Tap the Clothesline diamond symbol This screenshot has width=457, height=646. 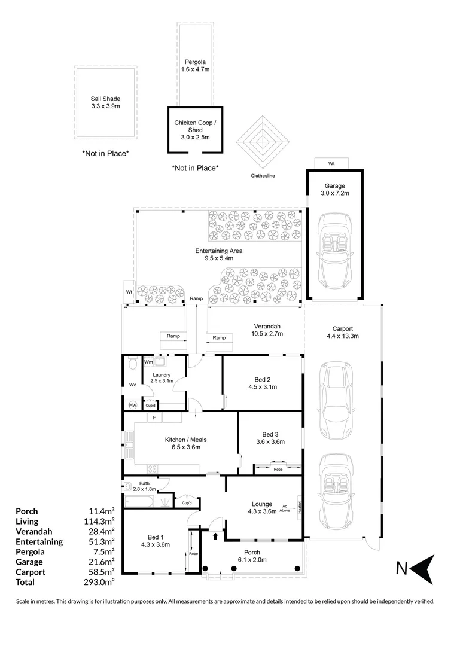(x=263, y=142)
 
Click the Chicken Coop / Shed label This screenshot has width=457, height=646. (x=195, y=130)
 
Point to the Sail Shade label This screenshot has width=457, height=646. (x=105, y=102)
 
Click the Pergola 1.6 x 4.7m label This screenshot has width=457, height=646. (x=195, y=65)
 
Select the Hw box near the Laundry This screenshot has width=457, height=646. (x=132, y=406)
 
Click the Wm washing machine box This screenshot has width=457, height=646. (x=148, y=362)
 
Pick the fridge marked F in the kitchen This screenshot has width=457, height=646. (x=154, y=418)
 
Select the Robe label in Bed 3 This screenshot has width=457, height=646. (x=278, y=470)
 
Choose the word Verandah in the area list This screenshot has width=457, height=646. (x=33, y=531)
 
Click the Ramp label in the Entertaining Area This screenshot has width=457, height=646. (x=196, y=298)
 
